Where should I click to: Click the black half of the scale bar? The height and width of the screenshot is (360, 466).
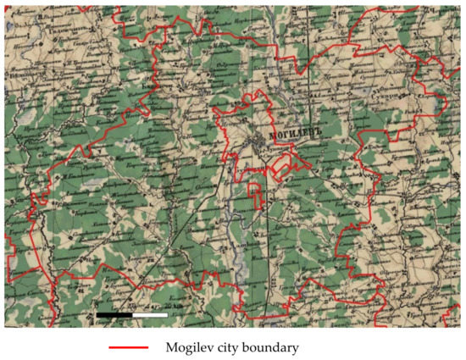coord(114,314)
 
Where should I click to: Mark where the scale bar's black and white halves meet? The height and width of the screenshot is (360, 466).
coord(132,314)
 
